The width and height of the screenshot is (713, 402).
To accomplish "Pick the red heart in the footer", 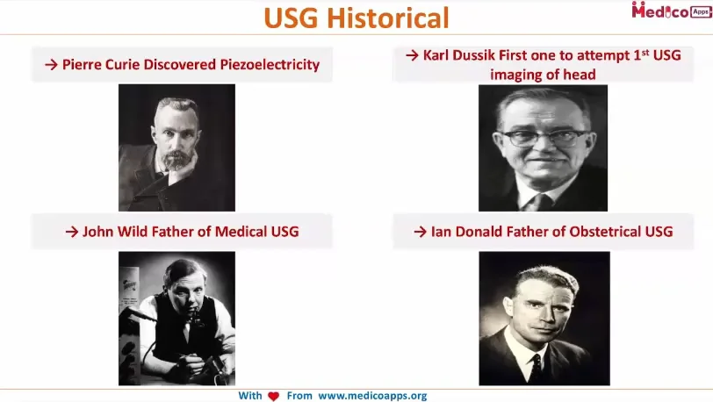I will click(273, 396).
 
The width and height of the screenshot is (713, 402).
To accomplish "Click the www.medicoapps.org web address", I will click(372, 396).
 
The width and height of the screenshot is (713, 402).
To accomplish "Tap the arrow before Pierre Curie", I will click(51, 64).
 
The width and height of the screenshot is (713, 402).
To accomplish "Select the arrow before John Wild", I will click(72, 232).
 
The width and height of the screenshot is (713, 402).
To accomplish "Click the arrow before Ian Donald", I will click(421, 232).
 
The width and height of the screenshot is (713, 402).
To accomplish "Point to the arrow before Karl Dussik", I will click(412, 55).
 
